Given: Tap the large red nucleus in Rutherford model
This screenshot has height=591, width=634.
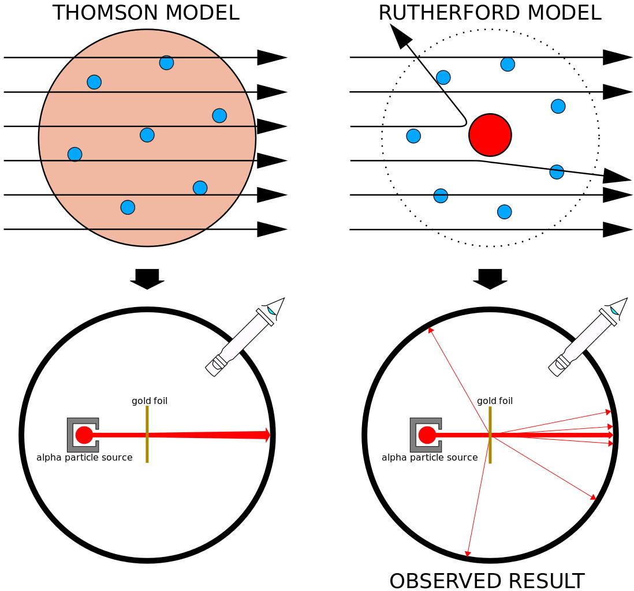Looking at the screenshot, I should point(490,135).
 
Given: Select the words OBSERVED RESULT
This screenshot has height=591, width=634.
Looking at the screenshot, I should point(487,581).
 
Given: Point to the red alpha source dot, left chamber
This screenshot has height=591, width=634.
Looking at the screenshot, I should point(84,435).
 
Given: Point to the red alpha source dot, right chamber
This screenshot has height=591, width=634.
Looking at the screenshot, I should point(427,435).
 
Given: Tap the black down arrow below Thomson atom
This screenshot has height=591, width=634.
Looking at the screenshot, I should point(147,279).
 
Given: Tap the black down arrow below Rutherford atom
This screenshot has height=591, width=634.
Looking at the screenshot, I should point(490,279).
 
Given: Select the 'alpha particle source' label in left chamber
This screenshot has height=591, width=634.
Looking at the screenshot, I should point(84,458).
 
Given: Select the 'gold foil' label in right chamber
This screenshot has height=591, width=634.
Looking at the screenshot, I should point(495,401).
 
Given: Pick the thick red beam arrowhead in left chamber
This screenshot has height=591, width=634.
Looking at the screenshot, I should point(267,435).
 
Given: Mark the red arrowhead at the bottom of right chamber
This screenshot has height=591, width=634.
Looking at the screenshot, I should point(468,554).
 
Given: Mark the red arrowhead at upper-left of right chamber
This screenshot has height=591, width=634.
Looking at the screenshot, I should point(431,330).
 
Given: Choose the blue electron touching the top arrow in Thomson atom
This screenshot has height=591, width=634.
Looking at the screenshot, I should point(166,62).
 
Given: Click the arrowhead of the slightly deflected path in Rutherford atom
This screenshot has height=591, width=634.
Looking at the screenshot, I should point(618,175).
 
